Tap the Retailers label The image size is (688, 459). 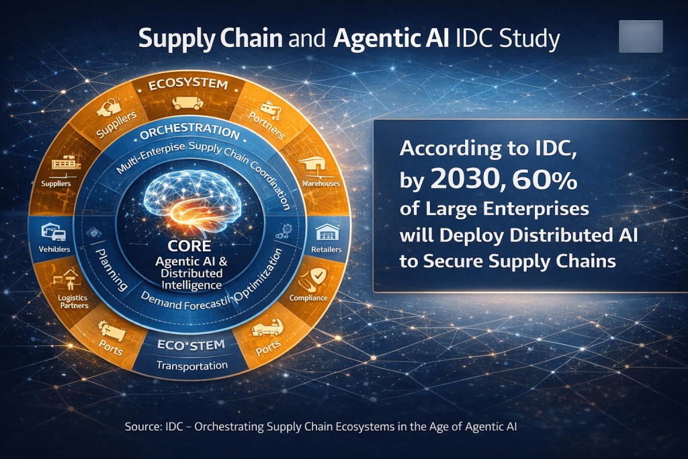(x=327, y=249)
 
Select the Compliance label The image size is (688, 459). (x=308, y=298)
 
